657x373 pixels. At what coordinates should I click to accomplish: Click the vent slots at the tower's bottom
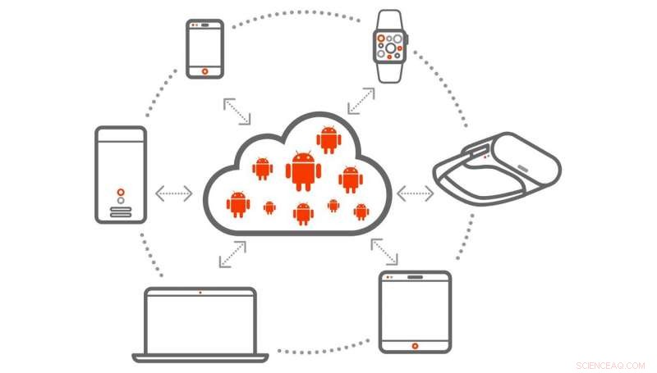121,212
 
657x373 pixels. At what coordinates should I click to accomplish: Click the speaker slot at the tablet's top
415,278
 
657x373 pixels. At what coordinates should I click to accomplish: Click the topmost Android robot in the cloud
328,139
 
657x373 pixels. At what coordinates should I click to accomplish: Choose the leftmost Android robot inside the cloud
238,202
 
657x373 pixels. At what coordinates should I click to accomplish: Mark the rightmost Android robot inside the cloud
361,212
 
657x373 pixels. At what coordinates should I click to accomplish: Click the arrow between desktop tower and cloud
174,193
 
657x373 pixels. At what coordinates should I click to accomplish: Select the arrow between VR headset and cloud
415,193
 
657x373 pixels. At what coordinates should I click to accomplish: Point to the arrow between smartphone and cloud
239,112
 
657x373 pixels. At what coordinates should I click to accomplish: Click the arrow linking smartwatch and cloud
361,101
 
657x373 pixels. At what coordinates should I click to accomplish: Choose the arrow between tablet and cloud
384,252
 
